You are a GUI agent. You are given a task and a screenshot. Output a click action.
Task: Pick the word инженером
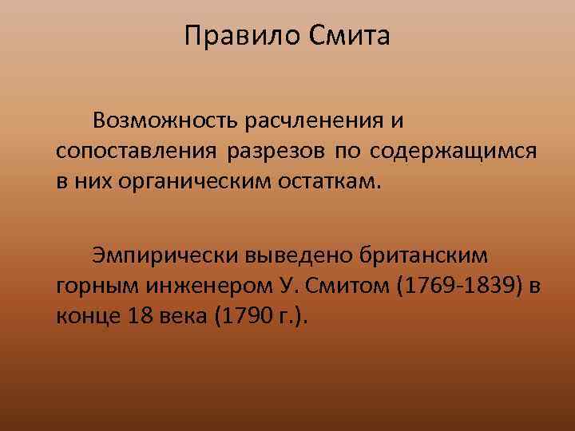point(194,287)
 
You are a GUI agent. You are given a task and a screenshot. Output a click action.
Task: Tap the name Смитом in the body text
point(343,287)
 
